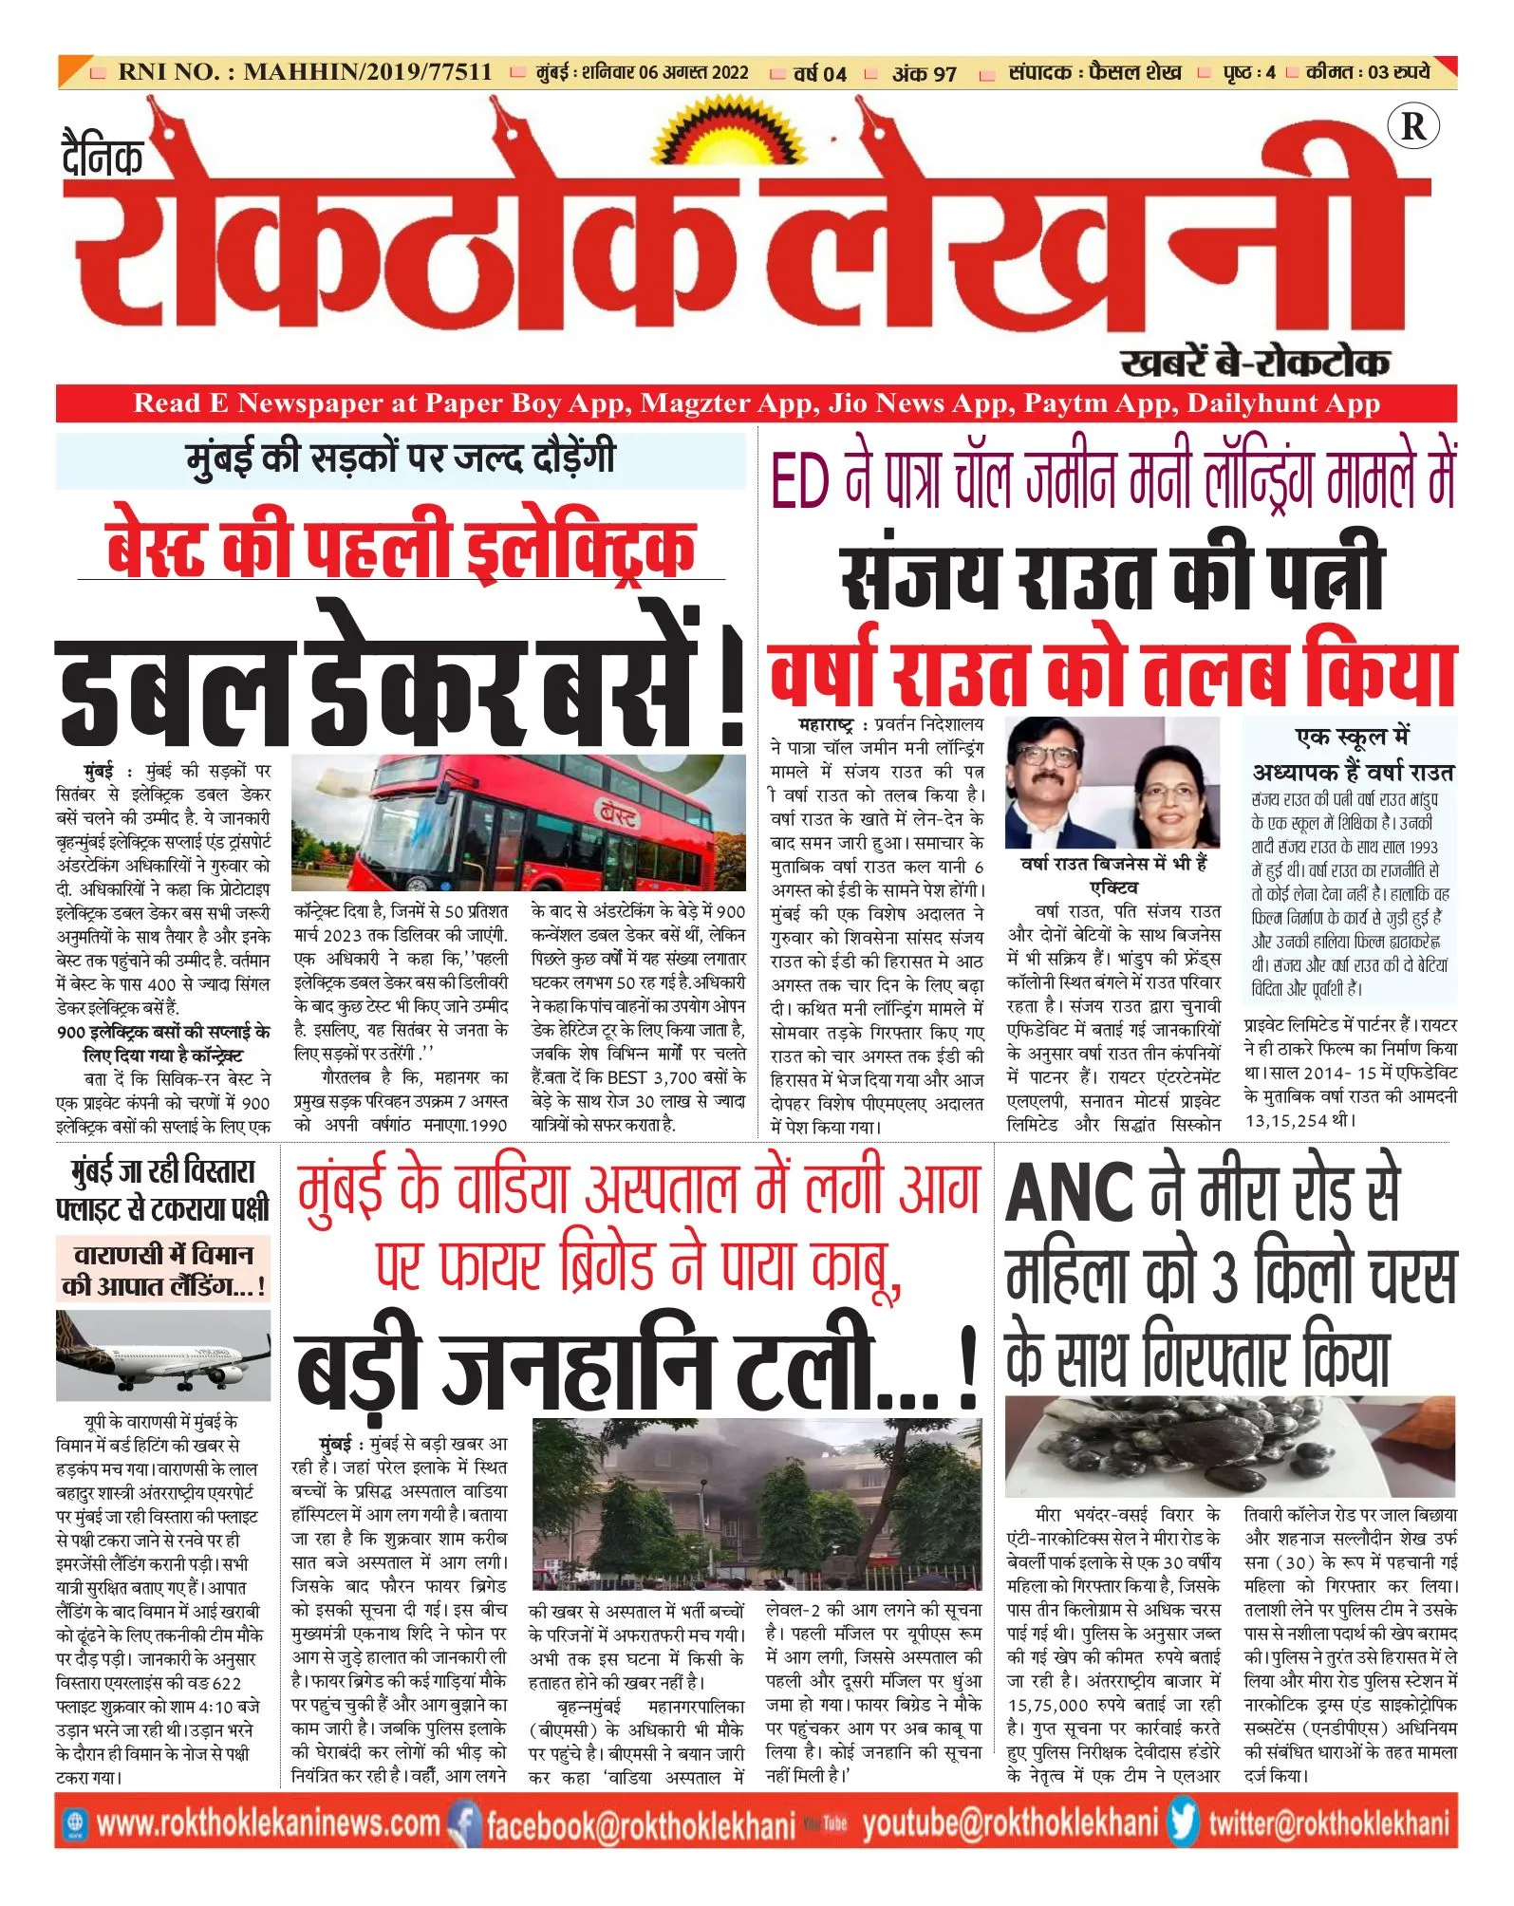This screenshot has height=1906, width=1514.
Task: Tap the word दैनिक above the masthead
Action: (102, 157)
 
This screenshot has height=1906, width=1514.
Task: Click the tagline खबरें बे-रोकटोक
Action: (1255, 363)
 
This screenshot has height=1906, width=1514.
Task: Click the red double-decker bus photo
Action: (518, 823)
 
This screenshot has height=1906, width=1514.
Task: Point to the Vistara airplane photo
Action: (163, 1355)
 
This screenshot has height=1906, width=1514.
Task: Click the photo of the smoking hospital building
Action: (757, 1505)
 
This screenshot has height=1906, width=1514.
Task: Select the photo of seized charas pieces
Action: (1230, 1446)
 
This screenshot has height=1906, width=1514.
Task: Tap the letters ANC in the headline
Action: (1069, 1194)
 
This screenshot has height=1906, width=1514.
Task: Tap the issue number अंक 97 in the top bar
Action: (924, 73)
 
